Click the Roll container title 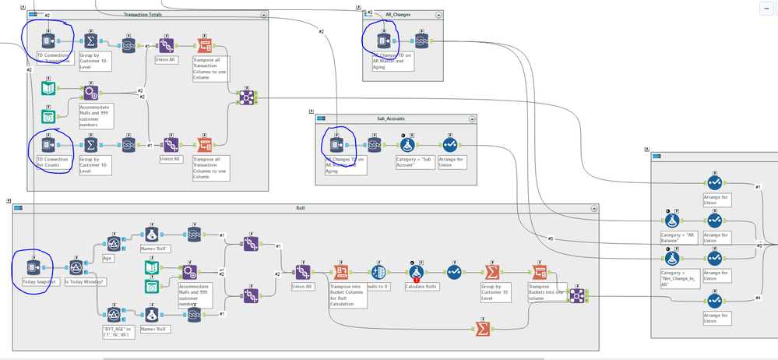click(301, 209)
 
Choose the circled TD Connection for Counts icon click(49, 145)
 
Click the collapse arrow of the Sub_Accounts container click(471, 119)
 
